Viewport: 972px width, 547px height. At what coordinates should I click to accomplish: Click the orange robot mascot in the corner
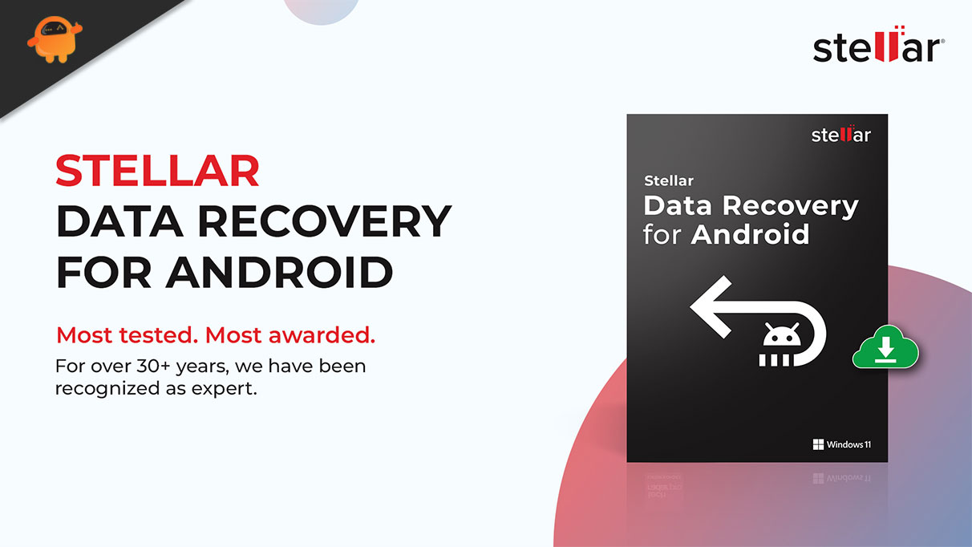tap(55, 39)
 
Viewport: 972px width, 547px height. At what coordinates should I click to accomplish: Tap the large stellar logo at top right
tap(879, 44)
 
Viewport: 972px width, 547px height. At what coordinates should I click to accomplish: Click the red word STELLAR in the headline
tap(157, 170)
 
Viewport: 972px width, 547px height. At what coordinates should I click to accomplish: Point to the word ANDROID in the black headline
tap(279, 272)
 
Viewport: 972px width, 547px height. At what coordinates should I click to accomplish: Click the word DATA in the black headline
tap(119, 221)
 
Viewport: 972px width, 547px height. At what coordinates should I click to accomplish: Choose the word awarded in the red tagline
tap(322, 335)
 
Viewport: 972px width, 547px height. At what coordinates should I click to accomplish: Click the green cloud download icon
tap(885, 346)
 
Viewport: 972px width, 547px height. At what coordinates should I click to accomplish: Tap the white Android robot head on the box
tap(782, 334)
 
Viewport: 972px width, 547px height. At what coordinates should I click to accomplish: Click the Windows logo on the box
tap(818, 444)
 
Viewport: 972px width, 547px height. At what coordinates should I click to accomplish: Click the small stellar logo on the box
tap(841, 135)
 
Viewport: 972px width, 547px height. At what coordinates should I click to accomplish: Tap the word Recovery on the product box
tap(790, 207)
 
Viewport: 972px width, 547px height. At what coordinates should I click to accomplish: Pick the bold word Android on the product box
tap(751, 234)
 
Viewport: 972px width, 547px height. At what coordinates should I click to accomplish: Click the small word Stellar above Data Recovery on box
tap(669, 180)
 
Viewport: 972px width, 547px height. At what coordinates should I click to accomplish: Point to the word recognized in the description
tap(107, 389)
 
